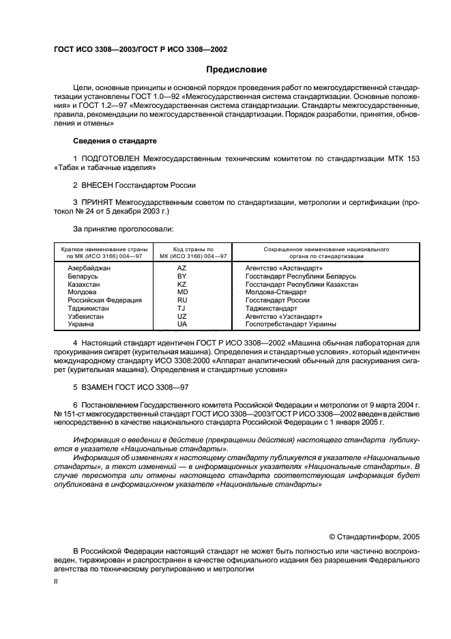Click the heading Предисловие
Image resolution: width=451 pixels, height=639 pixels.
click(x=237, y=70)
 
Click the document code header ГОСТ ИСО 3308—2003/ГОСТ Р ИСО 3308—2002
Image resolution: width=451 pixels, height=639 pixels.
click(x=140, y=50)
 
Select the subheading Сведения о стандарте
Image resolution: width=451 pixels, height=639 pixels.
click(x=115, y=141)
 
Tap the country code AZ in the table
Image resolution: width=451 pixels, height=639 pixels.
click(x=181, y=269)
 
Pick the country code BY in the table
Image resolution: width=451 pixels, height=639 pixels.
click(x=181, y=276)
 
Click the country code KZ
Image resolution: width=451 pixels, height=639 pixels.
click(x=181, y=284)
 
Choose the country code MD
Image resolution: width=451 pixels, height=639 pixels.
click(x=181, y=292)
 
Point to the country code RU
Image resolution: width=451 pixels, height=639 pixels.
click(x=181, y=300)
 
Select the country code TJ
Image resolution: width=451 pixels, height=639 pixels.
click(x=181, y=308)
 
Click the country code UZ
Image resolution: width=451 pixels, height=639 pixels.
click(x=181, y=316)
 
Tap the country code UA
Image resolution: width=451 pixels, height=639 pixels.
click(x=181, y=324)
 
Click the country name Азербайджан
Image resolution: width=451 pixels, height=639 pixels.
click(x=89, y=269)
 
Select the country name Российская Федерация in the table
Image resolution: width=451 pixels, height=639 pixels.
click(x=104, y=300)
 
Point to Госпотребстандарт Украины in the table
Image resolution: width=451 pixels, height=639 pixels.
click(x=291, y=324)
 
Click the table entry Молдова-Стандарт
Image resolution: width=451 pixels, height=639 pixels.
click(x=276, y=292)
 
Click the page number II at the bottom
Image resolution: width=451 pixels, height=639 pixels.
click(x=57, y=582)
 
